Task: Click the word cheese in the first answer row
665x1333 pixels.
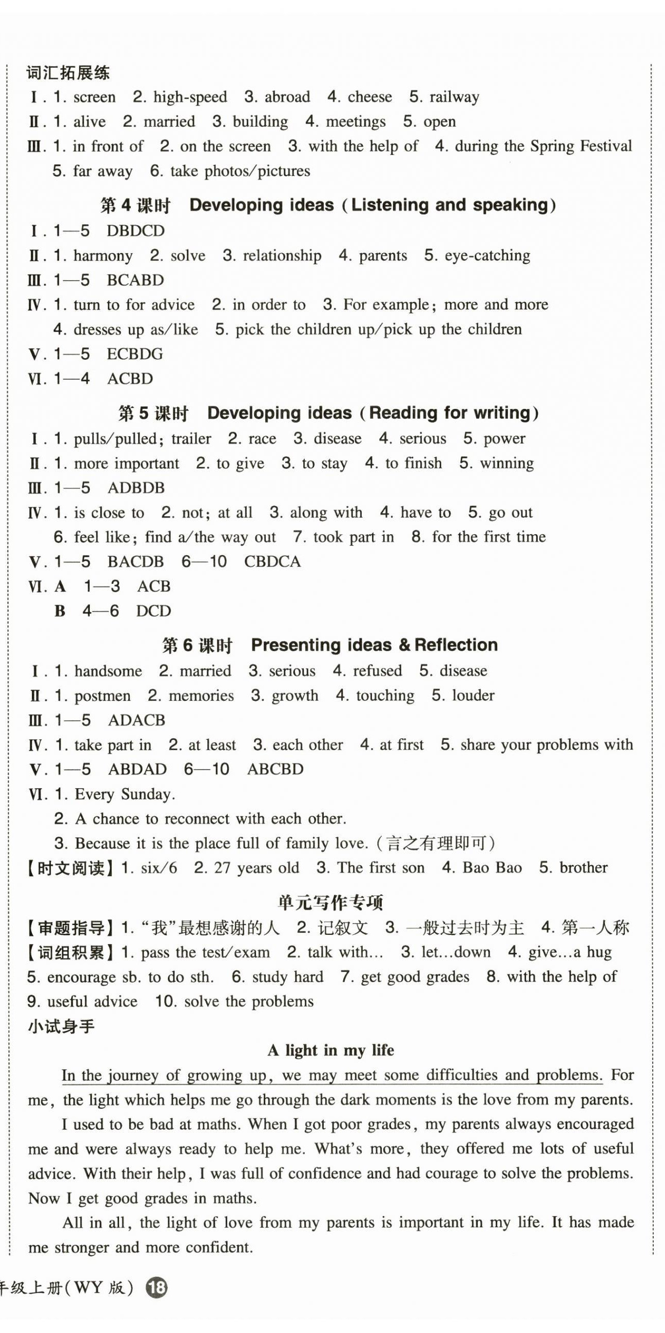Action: coord(369,97)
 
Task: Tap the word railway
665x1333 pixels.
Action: coord(455,97)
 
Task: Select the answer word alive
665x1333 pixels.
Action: coord(89,122)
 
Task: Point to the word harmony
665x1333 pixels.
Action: coord(103,256)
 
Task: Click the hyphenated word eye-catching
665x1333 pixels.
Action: coord(487,256)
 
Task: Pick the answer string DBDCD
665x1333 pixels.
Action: coord(135,231)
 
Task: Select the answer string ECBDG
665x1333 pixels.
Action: coord(134,354)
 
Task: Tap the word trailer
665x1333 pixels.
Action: coord(191,439)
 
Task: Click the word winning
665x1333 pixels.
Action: coord(506,463)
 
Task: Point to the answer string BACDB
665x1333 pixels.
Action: coord(135,562)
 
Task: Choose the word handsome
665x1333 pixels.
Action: coord(108,671)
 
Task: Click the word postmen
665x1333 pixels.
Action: coord(103,696)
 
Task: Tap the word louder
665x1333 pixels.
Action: coord(473,695)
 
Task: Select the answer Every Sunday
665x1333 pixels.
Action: coord(125,794)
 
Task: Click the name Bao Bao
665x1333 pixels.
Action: coord(492,868)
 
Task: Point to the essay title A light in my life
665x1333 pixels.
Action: coord(331,1050)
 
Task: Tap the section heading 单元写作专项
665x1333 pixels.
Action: coord(330,903)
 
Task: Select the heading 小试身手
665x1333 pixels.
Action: coord(61,1027)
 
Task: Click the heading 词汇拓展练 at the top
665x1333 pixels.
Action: coord(68,73)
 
